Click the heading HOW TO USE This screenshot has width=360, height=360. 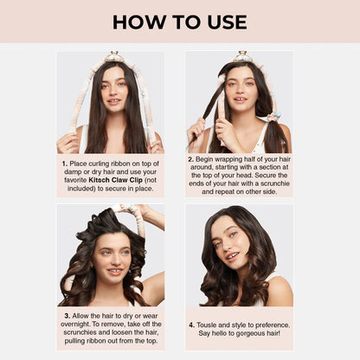(179, 22)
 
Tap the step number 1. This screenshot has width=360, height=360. (65, 162)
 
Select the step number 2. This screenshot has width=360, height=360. (190, 159)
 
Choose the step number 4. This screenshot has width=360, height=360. (192, 325)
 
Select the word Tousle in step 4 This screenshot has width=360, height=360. (210, 325)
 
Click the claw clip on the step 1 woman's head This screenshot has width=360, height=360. (112, 58)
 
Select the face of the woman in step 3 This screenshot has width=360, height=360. (113, 256)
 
